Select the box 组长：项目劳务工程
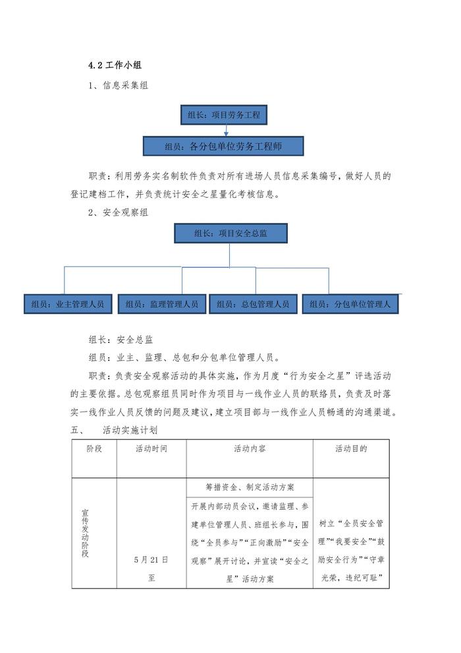pyautogui.click(x=223, y=115)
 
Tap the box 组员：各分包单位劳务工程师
pyautogui.click(x=223, y=146)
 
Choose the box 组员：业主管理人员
pyautogui.click(x=68, y=304)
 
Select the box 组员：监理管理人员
pyautogui.click(x=161, y=304)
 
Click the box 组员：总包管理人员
pyautogui.click(x=253, y=304)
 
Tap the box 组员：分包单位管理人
pyautogui.click(x=350, y=304)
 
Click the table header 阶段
pyautogui.click(x=94, y=449)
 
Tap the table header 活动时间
pyautogui.click(x=151, y=449)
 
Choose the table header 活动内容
pyautogui.click(x=249, y=449)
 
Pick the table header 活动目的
pyautogui.click(x=350, y=449)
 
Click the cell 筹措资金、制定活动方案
pyautogui.click(x=249, y=487)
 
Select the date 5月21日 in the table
pyautogui.click(x=151, y=559)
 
